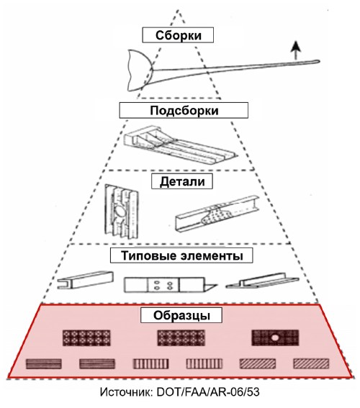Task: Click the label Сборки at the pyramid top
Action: [178, 35]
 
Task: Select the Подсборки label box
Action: [184, 110]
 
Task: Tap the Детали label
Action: [182, 181]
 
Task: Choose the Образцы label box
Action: [181, 315]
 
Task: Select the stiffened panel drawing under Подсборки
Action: [180, 145]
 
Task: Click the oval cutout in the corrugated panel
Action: [121, 211]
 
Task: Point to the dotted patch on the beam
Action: [216, 215]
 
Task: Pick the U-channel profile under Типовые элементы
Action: [86, 280]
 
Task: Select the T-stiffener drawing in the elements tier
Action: [262, 281]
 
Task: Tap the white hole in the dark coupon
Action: [274, 337]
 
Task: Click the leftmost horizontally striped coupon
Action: [44, 364]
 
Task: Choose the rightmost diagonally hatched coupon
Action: [311, 364]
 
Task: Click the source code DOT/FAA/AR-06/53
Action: [208, 392]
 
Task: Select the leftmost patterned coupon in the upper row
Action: [86, 337]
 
